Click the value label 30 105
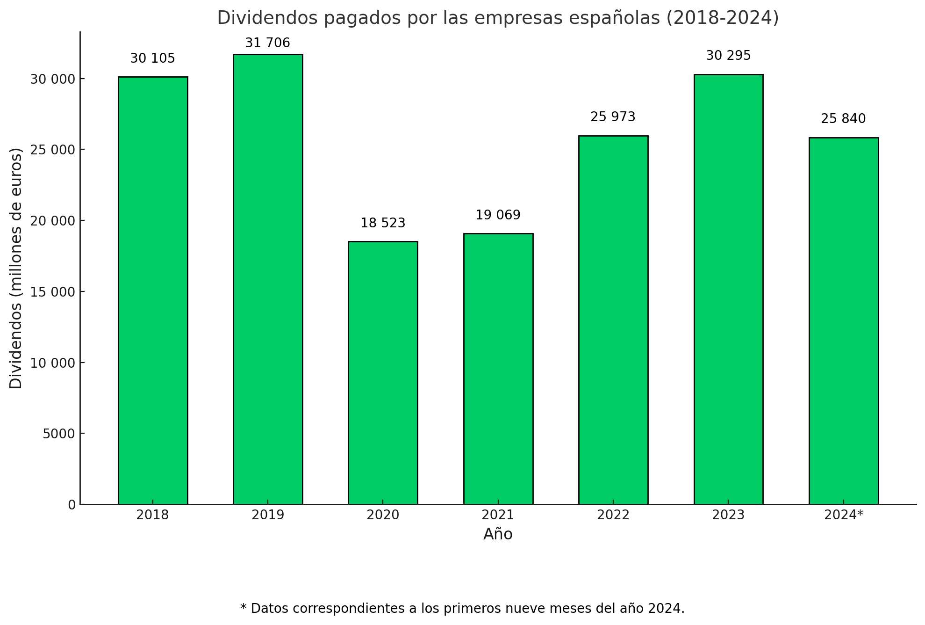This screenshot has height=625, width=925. coord(152,58)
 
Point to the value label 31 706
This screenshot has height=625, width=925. coord(268,43)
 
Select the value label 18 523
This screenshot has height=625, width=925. coord(383,223)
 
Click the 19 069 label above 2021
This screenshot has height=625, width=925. coord(498,215)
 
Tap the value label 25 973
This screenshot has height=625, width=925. coord(613,117)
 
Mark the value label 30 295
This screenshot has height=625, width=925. coord(728,56)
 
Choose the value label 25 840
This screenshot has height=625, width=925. coord(843,119)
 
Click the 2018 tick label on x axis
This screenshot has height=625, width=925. coord(152,515)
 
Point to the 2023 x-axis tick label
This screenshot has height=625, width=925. coord(728,515)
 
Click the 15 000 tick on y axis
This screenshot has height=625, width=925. coord(52,292)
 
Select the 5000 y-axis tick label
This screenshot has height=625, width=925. coord(58,434)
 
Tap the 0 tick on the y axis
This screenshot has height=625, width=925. coord(72,505)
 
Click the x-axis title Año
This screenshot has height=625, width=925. coord(498,534)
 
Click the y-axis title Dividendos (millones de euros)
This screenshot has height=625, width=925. coord(16,268)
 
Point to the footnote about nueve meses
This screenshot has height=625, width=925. coord(462,608)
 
